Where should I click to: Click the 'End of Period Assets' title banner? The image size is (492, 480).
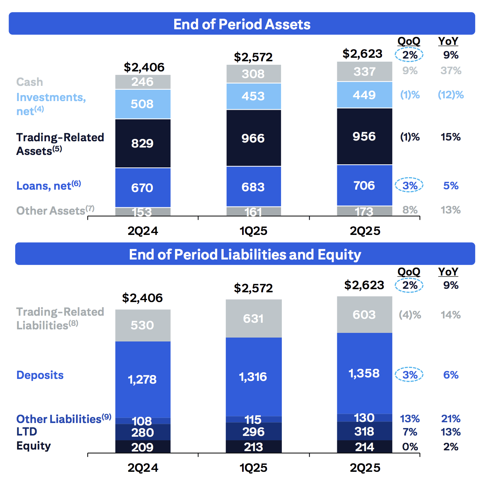click(242, 24)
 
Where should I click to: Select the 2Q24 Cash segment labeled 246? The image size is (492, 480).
click(143, 82)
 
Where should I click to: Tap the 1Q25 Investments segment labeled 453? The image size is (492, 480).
click(253, 96)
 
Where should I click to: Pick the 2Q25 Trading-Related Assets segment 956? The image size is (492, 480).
click(364, 136)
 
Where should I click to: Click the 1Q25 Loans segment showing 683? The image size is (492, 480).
click(253, 187)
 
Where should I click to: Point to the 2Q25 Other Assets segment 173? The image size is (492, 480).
click(364, 211)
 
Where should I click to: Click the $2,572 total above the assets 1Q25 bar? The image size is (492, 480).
click(253, 57)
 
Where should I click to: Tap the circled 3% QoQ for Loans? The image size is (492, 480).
click(409, 185)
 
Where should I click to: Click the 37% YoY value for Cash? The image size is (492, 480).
click(451, 71)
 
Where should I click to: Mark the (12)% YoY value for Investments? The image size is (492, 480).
click(451, 95)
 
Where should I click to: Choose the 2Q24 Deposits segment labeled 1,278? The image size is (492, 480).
click(143, 379)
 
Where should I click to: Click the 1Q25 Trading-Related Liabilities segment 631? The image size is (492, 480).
click(253, 318)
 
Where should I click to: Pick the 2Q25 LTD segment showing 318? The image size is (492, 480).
click(364, 432)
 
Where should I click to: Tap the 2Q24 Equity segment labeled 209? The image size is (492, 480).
click(143, 447)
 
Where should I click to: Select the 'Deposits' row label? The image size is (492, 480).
click(40, 375)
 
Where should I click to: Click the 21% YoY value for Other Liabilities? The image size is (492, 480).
click(451, 419)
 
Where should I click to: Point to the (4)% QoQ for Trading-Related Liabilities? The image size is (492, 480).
click(410, 315)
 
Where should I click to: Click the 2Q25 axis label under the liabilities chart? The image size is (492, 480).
click(365, 468)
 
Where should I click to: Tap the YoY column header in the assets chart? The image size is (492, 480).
click(448, 41)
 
